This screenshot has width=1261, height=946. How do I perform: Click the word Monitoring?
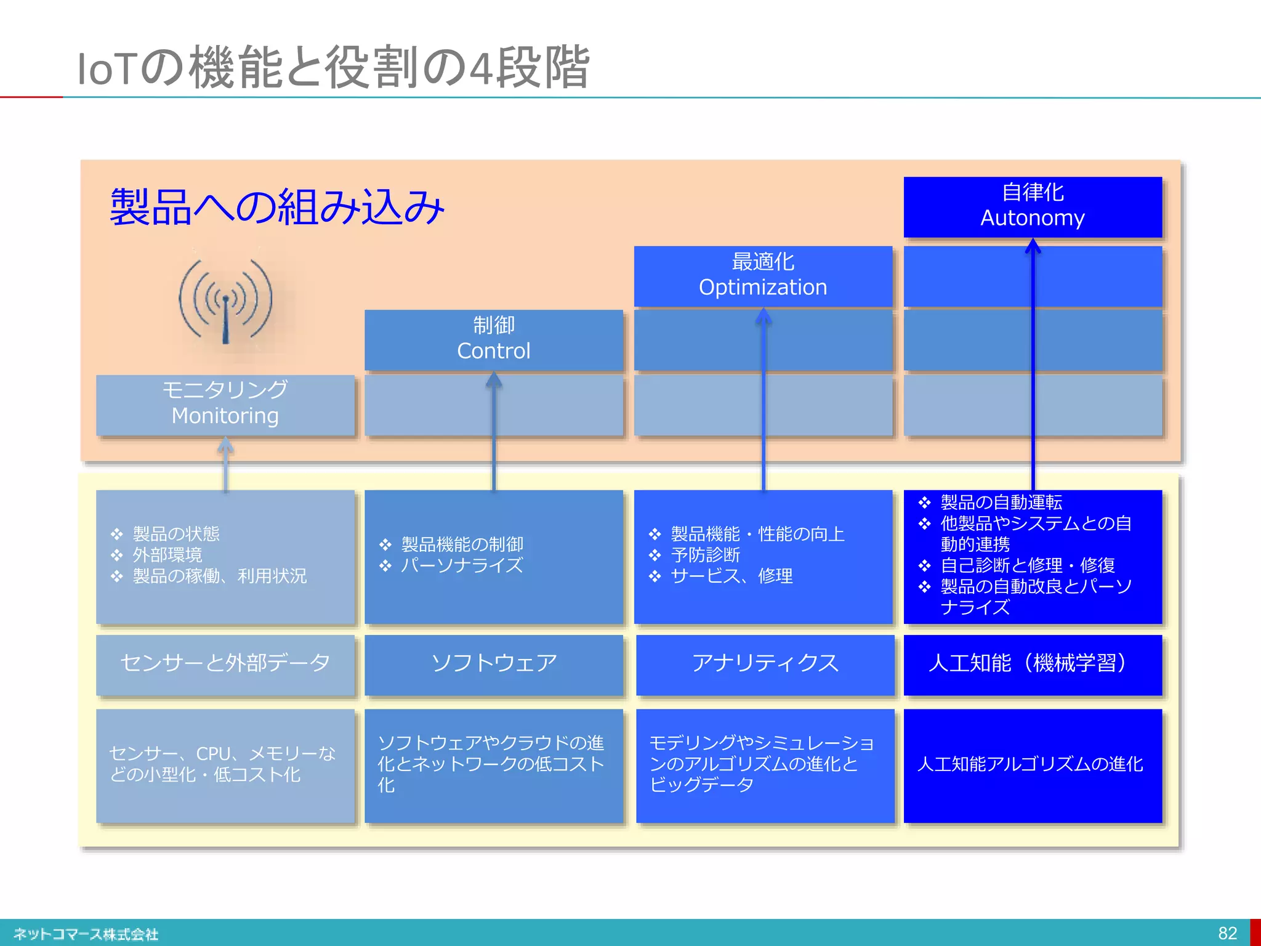[x=225, y=416]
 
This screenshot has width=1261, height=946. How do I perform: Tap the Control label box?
[x=493, y=339]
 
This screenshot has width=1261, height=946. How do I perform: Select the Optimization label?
[x=763, y=287]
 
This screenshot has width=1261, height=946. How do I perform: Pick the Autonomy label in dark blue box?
[x=1033, y=217]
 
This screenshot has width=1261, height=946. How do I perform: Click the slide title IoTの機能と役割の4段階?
[x=333, y=68]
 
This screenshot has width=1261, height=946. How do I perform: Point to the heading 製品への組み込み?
[x=277, y=208]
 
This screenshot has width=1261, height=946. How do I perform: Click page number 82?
[x=1227, y=933]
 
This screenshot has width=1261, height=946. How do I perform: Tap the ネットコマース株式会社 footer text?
[x=86, y=934]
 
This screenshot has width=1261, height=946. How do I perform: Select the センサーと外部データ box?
[x=225, y=663]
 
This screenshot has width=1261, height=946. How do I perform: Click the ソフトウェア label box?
[x=493, y=663]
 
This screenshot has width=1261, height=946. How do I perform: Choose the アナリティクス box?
[x=765, y=663]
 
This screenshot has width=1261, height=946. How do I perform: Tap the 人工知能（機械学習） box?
[x=1033, y=663]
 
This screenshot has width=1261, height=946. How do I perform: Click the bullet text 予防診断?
[x=706, y=555]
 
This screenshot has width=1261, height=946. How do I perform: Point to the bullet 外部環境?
[x=167, y=555]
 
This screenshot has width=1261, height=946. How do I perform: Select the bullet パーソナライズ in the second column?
[x=462, y=565]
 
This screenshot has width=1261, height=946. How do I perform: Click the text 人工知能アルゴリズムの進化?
[x=1030, y=764]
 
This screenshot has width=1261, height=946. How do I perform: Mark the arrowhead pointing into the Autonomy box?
[x=1033, y=246]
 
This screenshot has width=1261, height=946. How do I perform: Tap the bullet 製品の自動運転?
[x=1001, y=503]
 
